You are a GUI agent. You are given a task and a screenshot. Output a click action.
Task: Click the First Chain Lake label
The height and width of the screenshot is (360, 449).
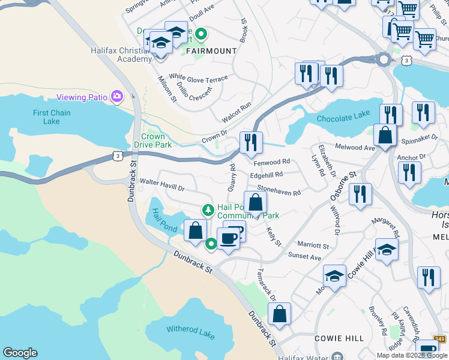52,117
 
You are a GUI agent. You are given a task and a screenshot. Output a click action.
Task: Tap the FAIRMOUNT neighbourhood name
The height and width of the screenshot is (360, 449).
211,51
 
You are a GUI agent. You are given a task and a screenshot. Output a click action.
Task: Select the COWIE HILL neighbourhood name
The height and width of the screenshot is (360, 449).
339,338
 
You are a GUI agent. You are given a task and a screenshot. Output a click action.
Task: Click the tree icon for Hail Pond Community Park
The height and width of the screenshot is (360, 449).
208,210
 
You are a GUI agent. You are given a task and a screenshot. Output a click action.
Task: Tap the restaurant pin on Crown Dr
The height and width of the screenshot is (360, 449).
250,142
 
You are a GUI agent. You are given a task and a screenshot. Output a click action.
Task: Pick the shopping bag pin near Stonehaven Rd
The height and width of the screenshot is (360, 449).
255,202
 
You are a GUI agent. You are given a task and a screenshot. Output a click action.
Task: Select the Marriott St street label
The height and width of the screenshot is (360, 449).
313,245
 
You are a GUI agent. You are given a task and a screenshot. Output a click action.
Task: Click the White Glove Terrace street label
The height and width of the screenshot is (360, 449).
198,78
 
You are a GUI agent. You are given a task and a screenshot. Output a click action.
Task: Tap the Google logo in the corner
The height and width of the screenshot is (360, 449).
20,353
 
